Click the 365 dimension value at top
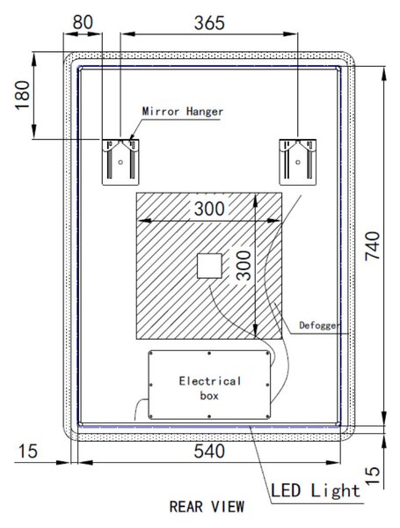pos(209,23)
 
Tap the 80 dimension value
pos(83,23)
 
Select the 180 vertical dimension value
pos(23,95)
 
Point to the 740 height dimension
pos(373,246)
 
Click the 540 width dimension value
pos(209,451)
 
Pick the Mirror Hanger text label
pos(183,112)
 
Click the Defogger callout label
pos(320,326)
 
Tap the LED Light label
pos(316,490)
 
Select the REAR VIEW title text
pos(207,507)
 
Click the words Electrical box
pos(210,388)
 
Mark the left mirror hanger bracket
pos(120,162)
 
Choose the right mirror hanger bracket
pos(298,162)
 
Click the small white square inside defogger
pos(209,266)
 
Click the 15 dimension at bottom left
pos(27,451)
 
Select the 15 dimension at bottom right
pos(373,475)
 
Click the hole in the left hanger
pos(120,162)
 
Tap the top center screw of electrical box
pos(209,353)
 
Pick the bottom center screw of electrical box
pos(209,416)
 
